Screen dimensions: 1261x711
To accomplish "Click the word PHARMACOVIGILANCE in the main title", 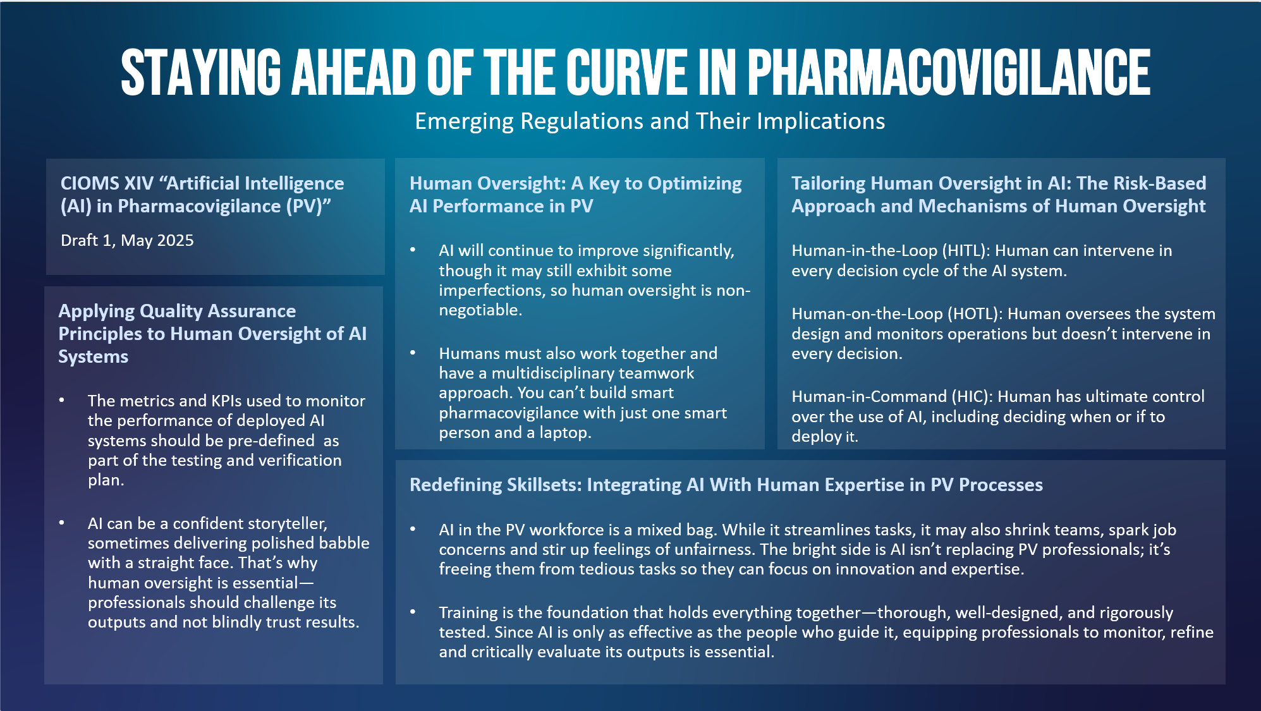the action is point(949,72).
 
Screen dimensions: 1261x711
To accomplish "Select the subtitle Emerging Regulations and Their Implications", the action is point(650,121).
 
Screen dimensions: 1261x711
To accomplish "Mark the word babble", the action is point(344,543).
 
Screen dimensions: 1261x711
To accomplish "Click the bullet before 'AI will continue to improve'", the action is point(413,250).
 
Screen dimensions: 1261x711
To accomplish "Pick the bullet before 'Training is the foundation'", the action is point(413,612).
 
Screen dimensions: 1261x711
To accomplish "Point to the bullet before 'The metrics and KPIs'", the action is point(61,400).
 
